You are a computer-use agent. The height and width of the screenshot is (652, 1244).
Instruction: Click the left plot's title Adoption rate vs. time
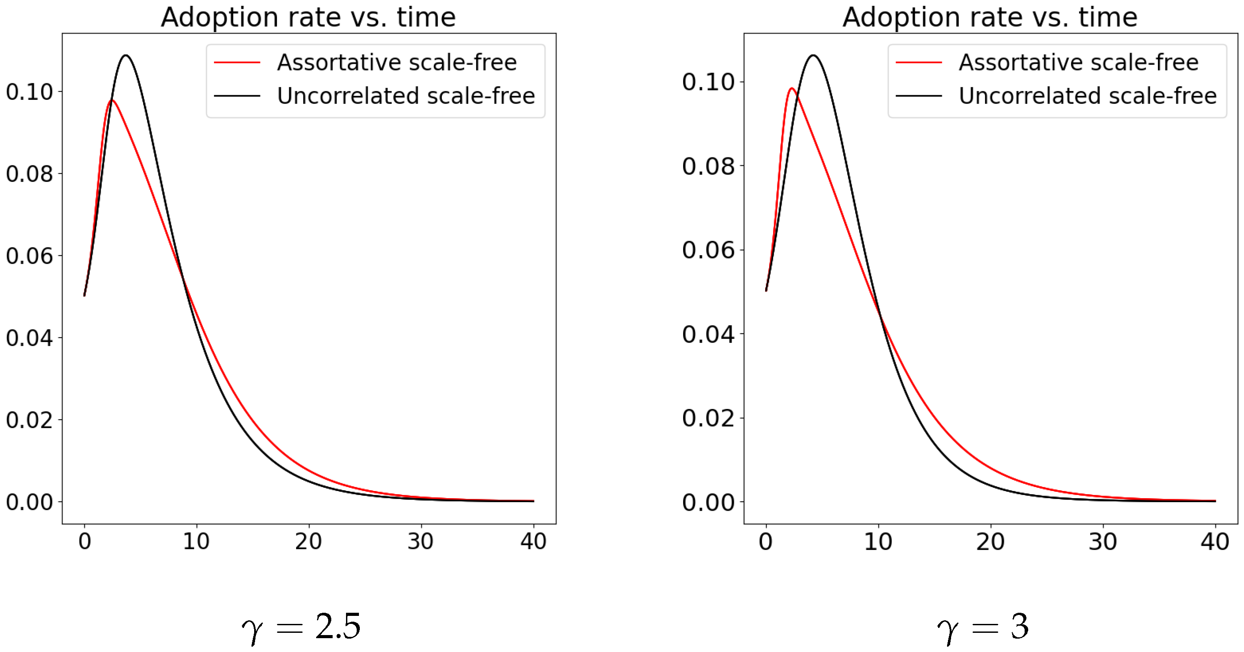coord(308,17)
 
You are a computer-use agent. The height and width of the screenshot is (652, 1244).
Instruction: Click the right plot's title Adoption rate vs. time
coord(990,17)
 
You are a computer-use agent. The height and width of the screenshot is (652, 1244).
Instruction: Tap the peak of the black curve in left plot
coord(126,56)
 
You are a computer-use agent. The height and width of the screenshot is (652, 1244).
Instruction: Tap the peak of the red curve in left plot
coord(112,100)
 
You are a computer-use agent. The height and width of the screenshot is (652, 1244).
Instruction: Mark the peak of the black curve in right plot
coord(813,56)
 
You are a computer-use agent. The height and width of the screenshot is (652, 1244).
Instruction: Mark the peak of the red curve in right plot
coord(792,88)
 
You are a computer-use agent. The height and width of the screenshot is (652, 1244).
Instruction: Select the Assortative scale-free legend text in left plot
coord(396,62)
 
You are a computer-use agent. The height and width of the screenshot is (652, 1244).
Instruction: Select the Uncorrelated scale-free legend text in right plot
coord(1087,95)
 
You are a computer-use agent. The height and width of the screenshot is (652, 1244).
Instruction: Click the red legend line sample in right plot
coord(919,62)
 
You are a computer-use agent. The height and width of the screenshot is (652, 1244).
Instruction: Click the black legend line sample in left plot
coord(237,95)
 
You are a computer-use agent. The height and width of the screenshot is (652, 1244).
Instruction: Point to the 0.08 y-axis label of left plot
coord(29,174)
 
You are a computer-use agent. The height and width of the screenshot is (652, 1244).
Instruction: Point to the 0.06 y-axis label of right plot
coord(708,250)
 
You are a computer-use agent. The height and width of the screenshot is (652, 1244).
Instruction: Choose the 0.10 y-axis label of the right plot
coord(708,82)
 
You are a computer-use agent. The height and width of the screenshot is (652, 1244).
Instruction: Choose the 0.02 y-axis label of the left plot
coord(29,420)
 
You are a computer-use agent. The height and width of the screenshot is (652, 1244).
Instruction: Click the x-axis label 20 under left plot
coord(309,541)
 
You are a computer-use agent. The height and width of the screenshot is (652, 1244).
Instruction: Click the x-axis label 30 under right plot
coord(1103,541)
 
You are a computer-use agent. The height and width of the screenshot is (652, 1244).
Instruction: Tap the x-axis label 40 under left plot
coord(533,541)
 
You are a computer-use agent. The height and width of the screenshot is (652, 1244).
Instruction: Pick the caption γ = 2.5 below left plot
coord(301,627)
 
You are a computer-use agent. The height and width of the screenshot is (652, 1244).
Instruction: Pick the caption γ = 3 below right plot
coord(983,627)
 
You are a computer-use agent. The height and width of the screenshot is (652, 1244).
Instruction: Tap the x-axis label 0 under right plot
coord(766,541)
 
